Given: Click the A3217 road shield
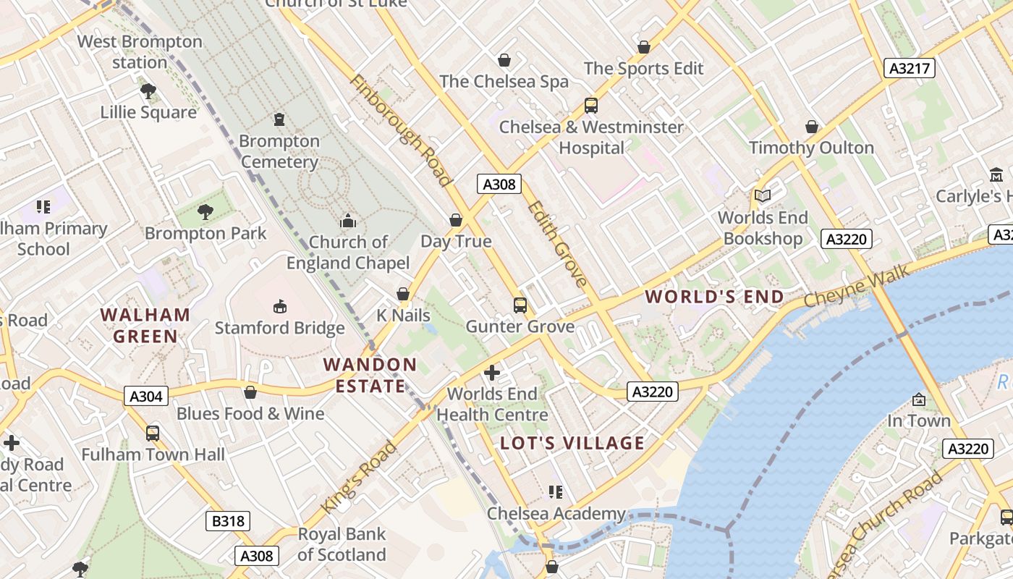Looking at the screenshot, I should (910, 69).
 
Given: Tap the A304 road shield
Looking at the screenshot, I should (146, 396).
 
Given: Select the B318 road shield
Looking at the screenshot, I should (228, 521).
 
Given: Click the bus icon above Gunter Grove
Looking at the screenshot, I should (520, 305).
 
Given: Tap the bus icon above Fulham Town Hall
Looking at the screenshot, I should (153, 433).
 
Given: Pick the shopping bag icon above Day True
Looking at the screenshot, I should (456, 219).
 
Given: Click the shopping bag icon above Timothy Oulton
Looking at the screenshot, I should (812, 127).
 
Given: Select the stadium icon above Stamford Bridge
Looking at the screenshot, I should (280, 307).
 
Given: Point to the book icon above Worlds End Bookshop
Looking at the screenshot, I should (763, 195).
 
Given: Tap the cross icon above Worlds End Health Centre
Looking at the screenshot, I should (492, 373).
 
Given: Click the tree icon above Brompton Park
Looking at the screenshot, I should (205, 212).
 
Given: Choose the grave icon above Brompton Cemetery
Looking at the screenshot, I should (279, 119).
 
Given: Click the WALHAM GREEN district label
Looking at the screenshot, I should (145, 326).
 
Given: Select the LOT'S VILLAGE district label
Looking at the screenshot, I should (572, 443).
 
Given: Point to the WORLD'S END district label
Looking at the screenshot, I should (714, 297).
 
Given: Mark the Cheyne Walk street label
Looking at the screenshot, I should (844, 289).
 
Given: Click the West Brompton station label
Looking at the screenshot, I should (140, 52).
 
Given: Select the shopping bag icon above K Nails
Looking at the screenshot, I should (403, 294).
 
